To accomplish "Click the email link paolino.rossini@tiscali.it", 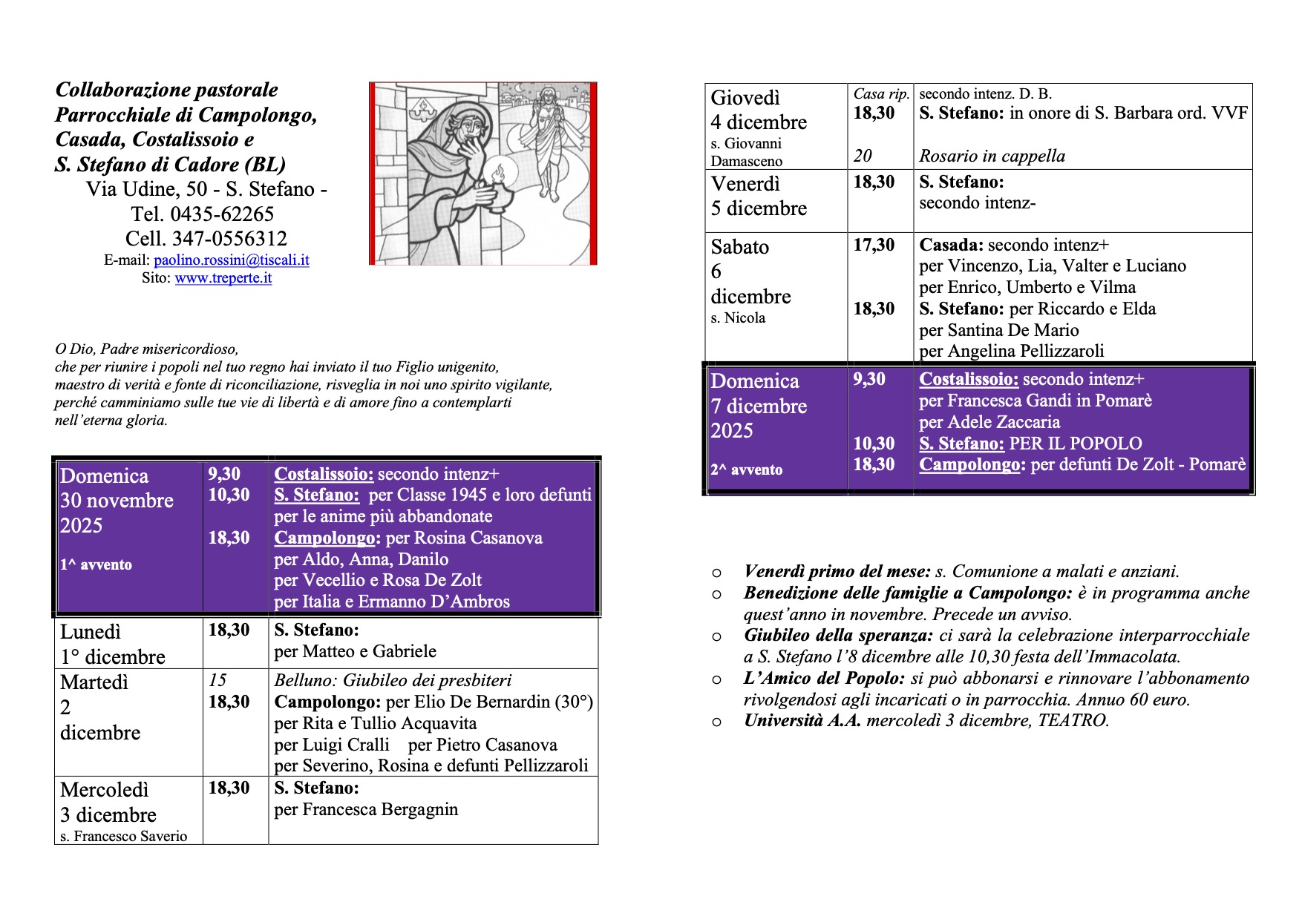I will (x=231, y=260).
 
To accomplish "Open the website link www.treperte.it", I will (x=223, y=278).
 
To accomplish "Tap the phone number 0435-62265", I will (x=222, y=214).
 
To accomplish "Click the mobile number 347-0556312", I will (x=229, y=239).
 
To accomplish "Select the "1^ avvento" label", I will (x=96, y=565).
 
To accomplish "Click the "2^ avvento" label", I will (x=746, y=470).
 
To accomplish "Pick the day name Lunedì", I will (x=90, y=632).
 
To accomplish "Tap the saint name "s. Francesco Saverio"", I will (x=123, y=836).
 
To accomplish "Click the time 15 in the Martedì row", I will (x=217, y=680).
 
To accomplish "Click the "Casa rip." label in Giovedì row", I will (x=880, y=94).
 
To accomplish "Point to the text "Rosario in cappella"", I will (x=992, y=156).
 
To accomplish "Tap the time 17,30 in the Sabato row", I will (x=874, y=245).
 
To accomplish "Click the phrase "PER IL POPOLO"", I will (x=1076, y=444).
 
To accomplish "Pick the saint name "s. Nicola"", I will (x=737, y=318).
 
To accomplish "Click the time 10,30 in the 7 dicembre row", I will (x=874, y=444).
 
